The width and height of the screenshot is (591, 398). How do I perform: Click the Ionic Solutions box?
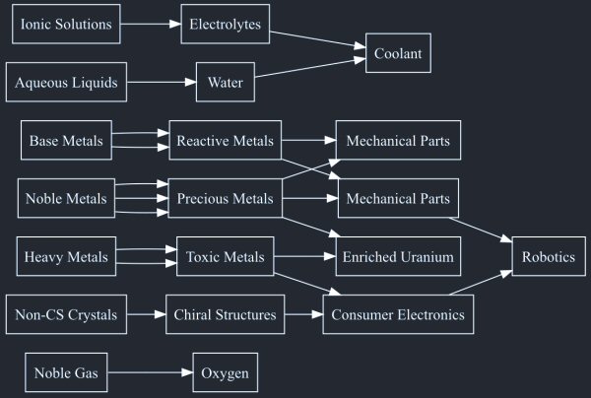point(66,24)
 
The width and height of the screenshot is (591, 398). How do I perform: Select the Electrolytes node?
point(226,24)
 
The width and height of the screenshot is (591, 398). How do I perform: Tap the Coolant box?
point(398,53)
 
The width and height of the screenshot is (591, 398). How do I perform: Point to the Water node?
point(226,82)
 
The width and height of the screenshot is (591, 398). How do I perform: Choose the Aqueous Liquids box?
point(66,82)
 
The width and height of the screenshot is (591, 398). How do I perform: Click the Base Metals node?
point(66,141)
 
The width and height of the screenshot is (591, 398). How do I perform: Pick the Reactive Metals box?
point(226,141)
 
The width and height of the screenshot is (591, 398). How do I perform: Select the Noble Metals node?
point(66,199)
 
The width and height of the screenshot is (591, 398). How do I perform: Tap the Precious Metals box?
point(226,199)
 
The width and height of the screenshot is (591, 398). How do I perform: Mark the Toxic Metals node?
point(226,257)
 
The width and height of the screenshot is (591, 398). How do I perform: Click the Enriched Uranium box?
point(398,257)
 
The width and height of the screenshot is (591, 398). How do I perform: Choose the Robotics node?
point(549,257)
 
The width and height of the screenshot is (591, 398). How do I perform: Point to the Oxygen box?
point(226,373)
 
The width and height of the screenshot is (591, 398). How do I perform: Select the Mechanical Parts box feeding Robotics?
point(398,199)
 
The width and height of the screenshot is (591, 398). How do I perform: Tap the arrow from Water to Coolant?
point(310,70)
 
